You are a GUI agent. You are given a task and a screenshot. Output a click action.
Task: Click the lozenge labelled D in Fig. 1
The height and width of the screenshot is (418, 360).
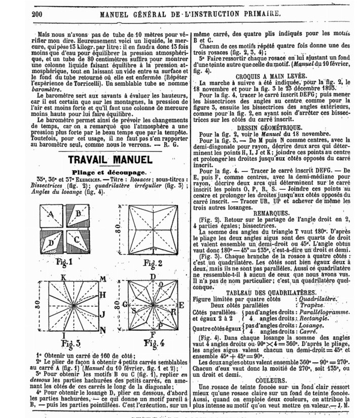[x=51, y=242]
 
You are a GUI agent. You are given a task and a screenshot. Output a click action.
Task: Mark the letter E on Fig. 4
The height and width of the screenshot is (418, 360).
[x=181, y=305]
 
